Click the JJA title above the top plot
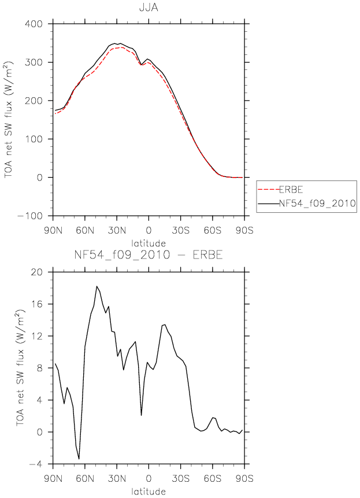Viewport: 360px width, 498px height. point(149,8)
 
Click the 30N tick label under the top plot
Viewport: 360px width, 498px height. point(116,230)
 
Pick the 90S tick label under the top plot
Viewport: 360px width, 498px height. point(244,230)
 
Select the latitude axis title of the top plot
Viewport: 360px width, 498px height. point(149,244)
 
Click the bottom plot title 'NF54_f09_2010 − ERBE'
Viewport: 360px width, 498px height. point(149,254)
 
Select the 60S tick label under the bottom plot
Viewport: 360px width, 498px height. point(212,478)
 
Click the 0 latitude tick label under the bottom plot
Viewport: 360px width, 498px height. point(149,478)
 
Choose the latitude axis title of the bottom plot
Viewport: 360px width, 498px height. point(149,492)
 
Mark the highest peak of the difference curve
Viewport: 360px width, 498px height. point(97,286)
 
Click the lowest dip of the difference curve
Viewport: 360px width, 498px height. point(79,459)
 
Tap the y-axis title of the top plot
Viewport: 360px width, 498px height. point(9,120)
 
